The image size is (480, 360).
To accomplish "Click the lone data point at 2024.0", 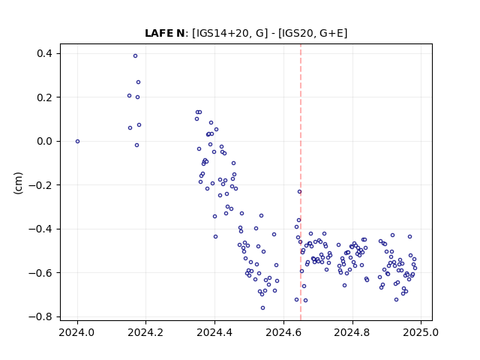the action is tap(77, 142).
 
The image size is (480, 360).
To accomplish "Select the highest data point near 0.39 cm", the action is tap(135, 56).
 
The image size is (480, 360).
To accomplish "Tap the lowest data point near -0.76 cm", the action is tap(262, 308).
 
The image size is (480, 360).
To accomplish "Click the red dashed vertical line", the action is tap(301, 182).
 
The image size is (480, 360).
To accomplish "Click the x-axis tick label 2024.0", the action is tap(76, 332).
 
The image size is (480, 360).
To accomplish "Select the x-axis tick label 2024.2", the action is tap(145, 332).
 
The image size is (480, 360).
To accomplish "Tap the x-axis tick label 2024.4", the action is tap(214, 332).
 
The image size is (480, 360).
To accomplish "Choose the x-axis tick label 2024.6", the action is tap(283, 332).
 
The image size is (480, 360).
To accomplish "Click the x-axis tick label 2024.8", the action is tap(352, 332).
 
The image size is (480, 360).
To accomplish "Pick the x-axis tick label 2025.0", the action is tap(421, 332).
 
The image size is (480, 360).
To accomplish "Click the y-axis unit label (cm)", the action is tap(18, 183).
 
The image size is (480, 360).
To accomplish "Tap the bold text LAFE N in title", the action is tap(165, 33).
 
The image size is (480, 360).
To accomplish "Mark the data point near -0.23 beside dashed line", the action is tap(299, 192).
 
